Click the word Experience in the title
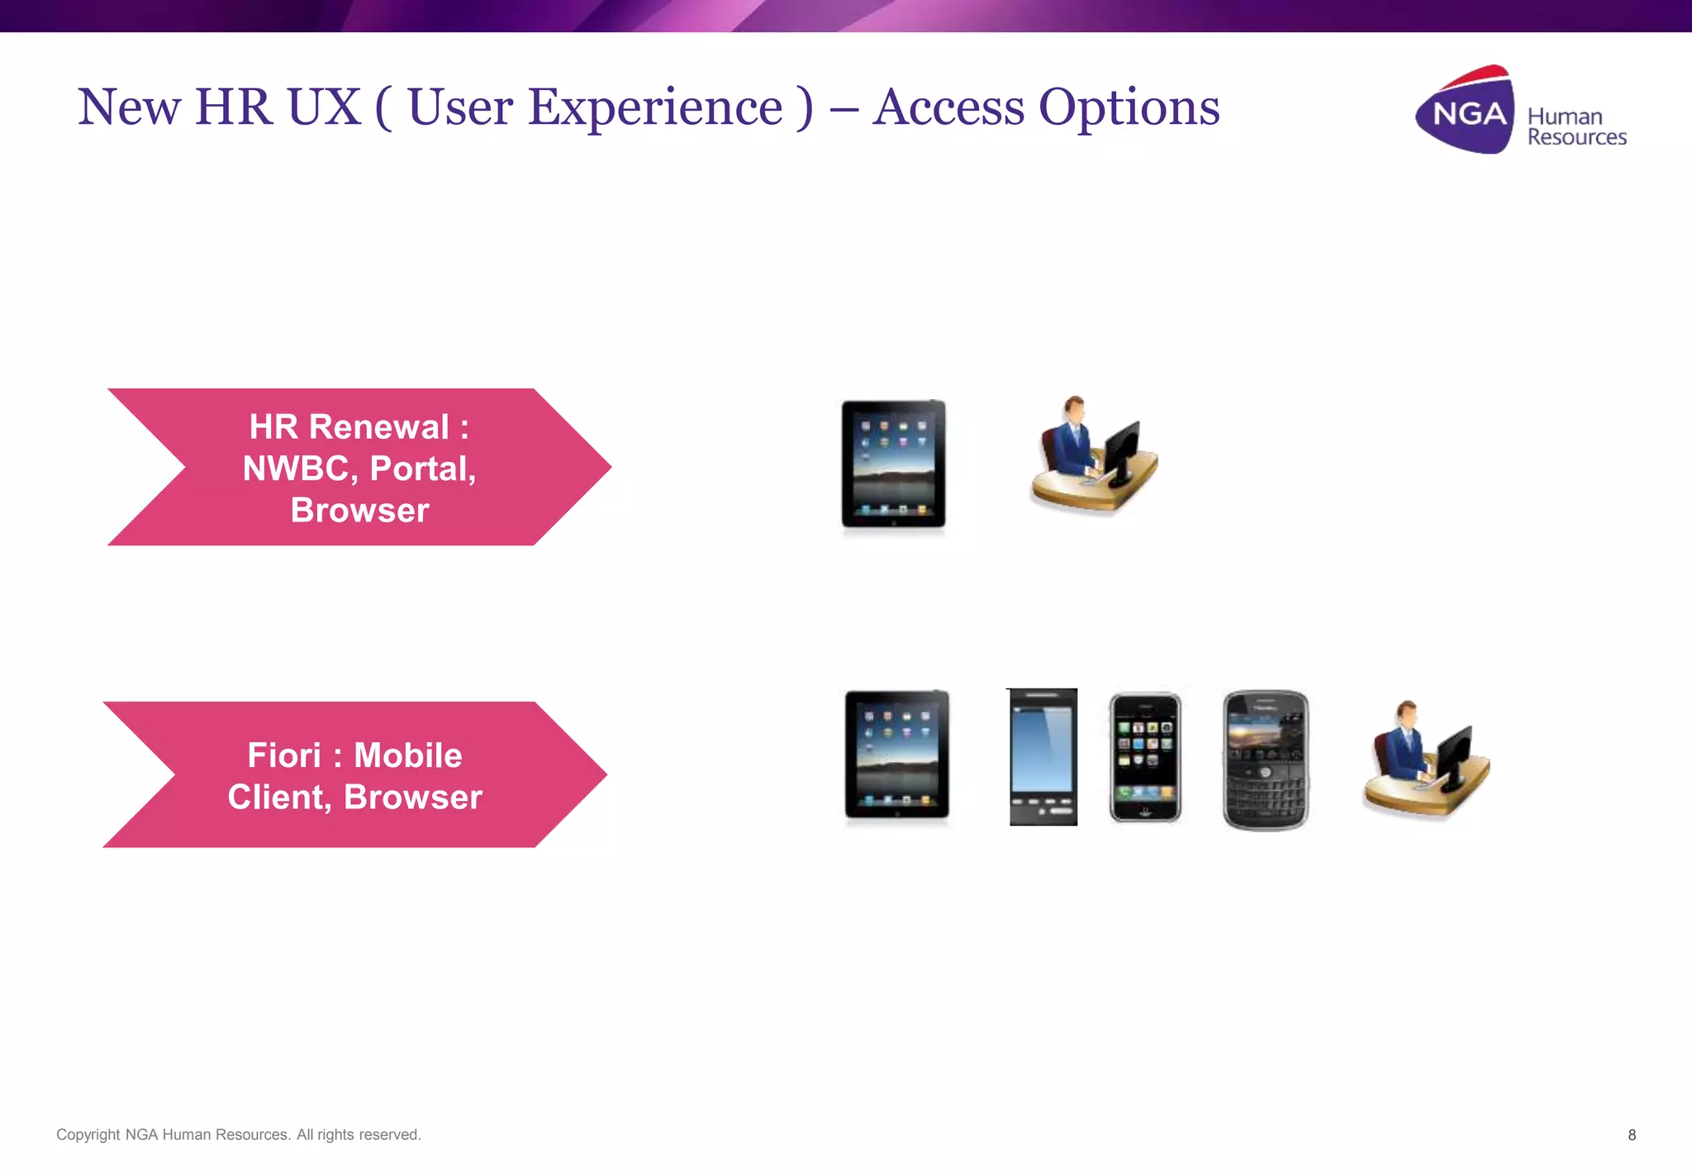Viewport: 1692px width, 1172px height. click(595, 107)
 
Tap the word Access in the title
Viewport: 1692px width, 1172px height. click(948, 107)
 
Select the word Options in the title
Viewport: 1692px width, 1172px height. click(1129, 107)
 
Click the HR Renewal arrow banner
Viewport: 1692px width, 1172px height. click(359, 467)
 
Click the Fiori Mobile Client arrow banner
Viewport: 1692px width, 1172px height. click(355, 775)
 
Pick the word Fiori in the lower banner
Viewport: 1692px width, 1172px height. click(283, 755)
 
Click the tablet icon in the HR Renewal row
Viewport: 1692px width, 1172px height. click(893, 465)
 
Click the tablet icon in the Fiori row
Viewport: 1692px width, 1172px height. click(897, 755)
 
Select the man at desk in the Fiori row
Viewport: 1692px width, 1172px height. click(1425, 760)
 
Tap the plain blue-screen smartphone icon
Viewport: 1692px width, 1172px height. click(1043, 757)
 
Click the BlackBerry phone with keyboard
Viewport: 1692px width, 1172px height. click(1265, 760)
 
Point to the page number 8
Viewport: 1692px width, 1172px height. click(1632, 1135)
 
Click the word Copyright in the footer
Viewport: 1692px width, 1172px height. click(88, 1135)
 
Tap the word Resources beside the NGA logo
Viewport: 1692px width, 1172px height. click(1576, 137)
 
